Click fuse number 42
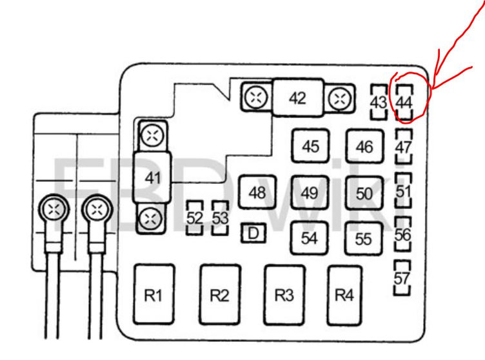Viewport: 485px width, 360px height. [297, 98]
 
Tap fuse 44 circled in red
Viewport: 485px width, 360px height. [404, 103]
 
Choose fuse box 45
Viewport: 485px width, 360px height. [311, 146]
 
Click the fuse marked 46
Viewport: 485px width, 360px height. [364, 146]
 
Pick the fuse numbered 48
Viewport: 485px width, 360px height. [257, 193]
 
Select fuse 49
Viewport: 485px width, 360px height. [310, 193]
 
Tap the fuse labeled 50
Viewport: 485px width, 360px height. [364, 193]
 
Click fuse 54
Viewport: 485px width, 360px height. [310, 237]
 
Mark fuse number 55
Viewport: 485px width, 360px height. [364, 238]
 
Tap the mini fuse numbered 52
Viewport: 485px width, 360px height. [194, 218]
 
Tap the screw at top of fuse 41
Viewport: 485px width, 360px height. [152, 135]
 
